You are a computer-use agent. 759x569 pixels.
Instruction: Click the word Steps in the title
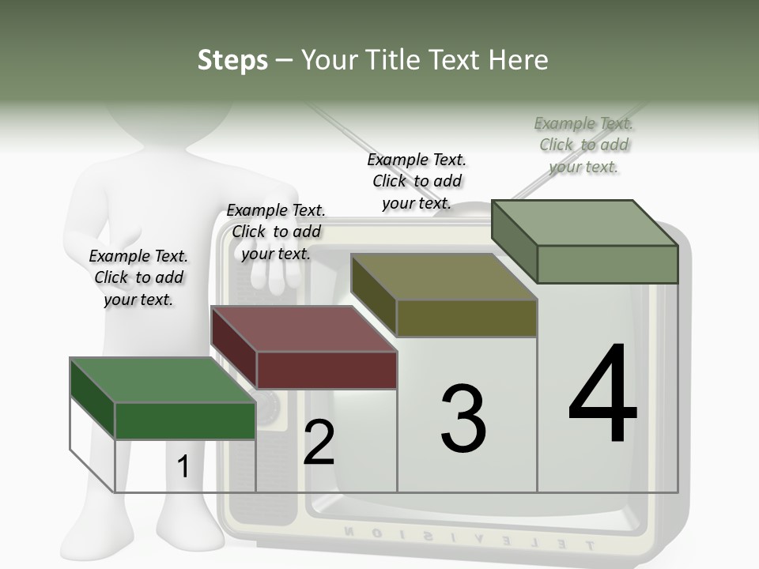(232, 60)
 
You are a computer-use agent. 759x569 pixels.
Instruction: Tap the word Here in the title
(518, 60)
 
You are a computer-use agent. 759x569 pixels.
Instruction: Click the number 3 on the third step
(463, 418)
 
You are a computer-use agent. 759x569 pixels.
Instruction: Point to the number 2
(319, 443)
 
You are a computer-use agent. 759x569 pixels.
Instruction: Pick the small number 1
(183, 467)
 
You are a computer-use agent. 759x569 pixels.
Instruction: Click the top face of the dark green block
(163, 380)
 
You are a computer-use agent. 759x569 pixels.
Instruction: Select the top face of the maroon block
(304, 329)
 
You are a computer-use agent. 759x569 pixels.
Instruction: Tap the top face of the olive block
(444, 277)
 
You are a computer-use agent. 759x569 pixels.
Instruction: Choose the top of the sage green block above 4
(584, 222)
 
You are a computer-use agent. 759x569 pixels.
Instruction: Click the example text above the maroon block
(276, 232)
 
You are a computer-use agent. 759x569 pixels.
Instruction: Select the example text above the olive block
(417, 181)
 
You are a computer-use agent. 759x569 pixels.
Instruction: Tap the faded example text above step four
(583, 145)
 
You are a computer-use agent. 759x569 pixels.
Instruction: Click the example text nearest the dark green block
(138, 277)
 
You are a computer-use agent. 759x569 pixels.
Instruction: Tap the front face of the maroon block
(327, 370)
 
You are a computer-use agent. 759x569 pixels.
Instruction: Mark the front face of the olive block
(466, 318)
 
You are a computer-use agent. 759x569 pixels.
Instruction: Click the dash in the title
(284, 61)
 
